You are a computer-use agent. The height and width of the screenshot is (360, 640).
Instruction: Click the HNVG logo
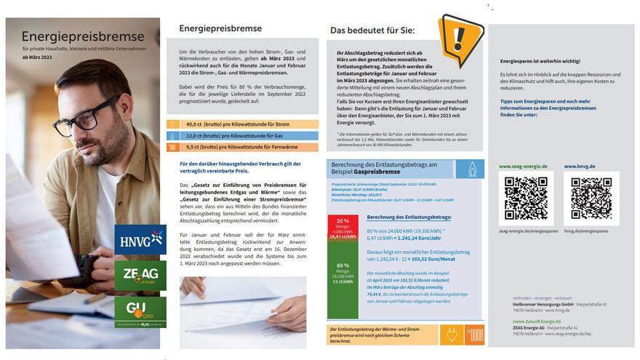(140, 239)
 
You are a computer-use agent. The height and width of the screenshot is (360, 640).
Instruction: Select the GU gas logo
(140, 311)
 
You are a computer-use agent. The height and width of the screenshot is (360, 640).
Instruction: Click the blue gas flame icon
(469, 169)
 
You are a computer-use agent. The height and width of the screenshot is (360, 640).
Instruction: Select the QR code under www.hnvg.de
(591, 198)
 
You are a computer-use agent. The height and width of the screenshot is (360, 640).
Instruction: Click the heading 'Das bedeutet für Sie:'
(372, 31)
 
